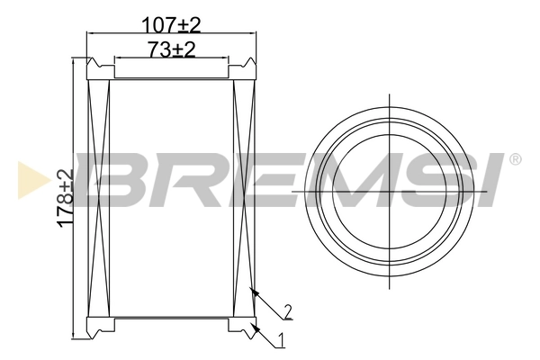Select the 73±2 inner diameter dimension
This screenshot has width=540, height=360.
pos(171,50)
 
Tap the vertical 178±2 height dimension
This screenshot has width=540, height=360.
pos(64,199)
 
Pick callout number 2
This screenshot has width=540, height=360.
pos(287,311)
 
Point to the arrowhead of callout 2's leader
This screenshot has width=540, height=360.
pos(254,291)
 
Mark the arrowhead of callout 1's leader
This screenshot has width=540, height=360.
pos(255,328)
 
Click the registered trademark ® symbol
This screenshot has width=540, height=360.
pos(515,159)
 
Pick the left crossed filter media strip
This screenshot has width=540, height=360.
pos(98,197)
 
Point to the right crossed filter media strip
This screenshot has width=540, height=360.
pos(244,197)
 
